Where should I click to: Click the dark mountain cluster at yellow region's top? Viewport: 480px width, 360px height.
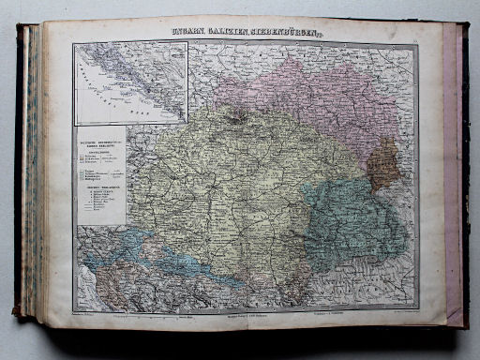240,116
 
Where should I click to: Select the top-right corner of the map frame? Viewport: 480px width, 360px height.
418,44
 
